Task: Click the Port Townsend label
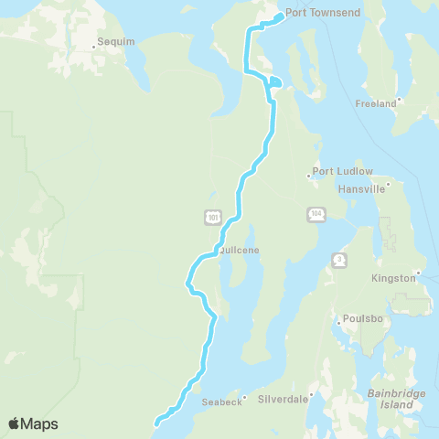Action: (323, 13)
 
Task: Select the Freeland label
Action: (376, 103)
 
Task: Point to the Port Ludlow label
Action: (342, 171)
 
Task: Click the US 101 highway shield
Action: (212, 216)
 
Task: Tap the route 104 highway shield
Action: (316, 213)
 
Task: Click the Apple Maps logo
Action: (33, 423)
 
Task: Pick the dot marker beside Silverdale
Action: (311, 396)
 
